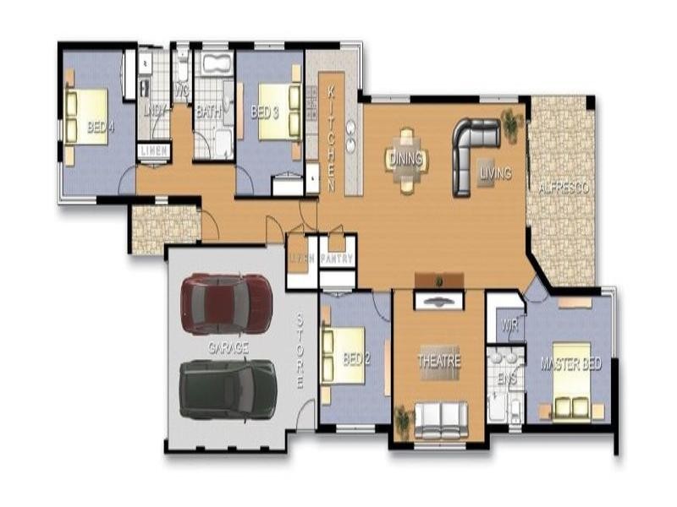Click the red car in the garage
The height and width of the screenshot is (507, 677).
pyautogui.click(x=226, y=303)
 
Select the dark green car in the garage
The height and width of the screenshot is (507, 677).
pyautogui.click(x=228, y=389)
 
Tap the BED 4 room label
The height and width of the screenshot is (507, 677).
pyautogui.click(x=101, y=128)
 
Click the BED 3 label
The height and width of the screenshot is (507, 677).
pyautogui.click(x=265, y=111)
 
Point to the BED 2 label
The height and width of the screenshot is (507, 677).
pyautogui.click(x=356, y=359)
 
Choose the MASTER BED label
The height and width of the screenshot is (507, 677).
pyautogui.click(x=570, y=364)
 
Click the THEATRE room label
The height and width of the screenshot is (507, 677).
pyautogui.click(x=438, y=361)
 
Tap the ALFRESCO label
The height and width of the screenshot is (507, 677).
pyautogui.click(x=563, y=188)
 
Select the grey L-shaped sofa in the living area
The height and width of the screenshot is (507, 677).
pyautogui.click(x=471, y=152)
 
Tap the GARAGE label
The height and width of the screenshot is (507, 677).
pyautogui.click(x=228, y=347)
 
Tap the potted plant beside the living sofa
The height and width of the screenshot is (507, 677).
pyautogui.click(x=510, y=123)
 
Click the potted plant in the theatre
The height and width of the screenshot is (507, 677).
pyautogui.click(x=402, y=420)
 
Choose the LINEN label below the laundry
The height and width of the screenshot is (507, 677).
pyautogui.click(x=153, y=150)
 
